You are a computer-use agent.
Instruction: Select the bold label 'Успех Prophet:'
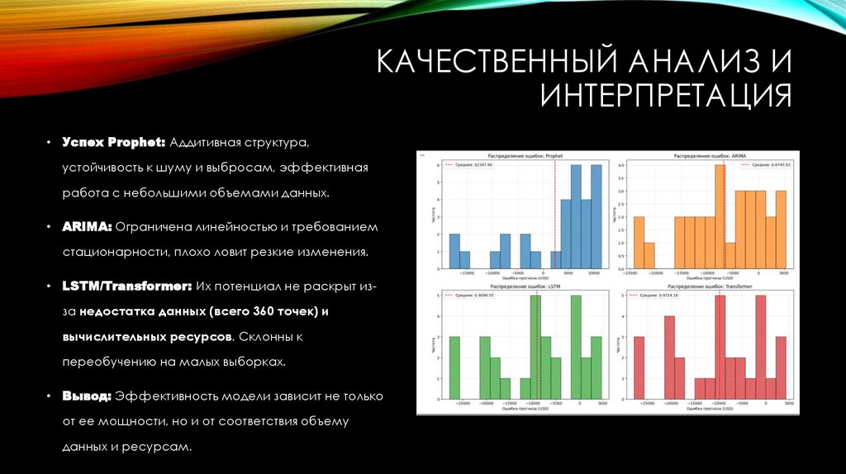point(113,142)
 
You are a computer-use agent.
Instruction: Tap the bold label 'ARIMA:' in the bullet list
point(87,226)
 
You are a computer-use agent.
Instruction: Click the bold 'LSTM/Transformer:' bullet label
point(126,286)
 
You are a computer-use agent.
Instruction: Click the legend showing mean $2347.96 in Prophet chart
point(468,165)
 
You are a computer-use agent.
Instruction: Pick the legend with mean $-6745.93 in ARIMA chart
point(764,165)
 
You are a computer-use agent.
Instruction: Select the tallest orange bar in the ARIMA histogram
point(720,216)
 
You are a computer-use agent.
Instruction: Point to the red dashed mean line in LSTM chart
point(537,347)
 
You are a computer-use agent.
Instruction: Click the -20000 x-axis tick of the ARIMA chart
point(655,274)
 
